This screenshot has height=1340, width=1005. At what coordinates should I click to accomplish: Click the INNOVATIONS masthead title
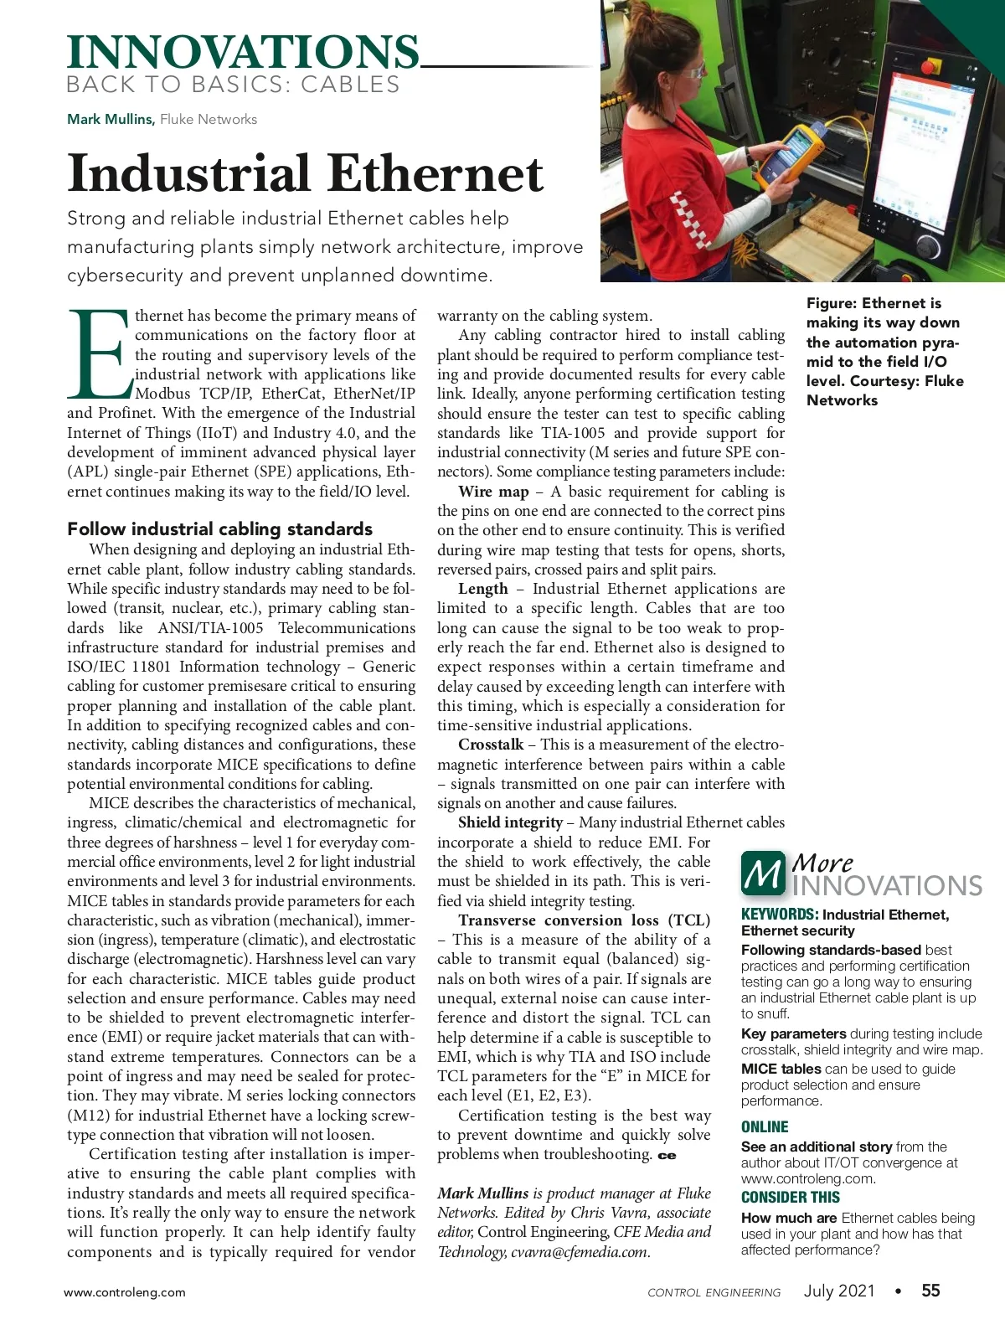click(x=243, y=52)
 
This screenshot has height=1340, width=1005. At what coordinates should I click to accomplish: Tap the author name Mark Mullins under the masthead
click(x=111, y=119)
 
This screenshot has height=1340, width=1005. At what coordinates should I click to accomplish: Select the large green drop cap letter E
click(x=99, y=354)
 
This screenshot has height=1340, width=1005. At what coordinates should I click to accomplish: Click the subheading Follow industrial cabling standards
click(x=219, y=528)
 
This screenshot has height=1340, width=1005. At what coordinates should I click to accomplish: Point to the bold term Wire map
click(x=493, y=492)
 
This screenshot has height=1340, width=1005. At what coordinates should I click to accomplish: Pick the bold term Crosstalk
click(x=491, y=745)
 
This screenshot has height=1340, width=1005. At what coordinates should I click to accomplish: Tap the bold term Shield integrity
click(x=510, y=822)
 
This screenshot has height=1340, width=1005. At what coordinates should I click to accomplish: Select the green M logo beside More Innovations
click(x=762, y=873)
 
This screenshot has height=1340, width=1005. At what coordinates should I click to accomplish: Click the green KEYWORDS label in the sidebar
click(x=779, y=915)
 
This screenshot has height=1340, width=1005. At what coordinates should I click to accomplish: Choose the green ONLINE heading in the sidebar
click(x=765, y=1127)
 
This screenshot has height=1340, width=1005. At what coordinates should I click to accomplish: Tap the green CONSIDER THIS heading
click(x=791, y=1198)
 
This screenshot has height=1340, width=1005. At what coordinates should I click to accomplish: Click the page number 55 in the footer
click(x=930, y=1291)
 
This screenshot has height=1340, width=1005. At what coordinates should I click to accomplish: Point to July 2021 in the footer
click(x=839, y=1291)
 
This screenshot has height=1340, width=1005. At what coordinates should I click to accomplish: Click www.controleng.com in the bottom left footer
click(x=125, y=1292)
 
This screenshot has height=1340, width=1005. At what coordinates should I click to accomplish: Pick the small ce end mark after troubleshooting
click(x=667, y=1156)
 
